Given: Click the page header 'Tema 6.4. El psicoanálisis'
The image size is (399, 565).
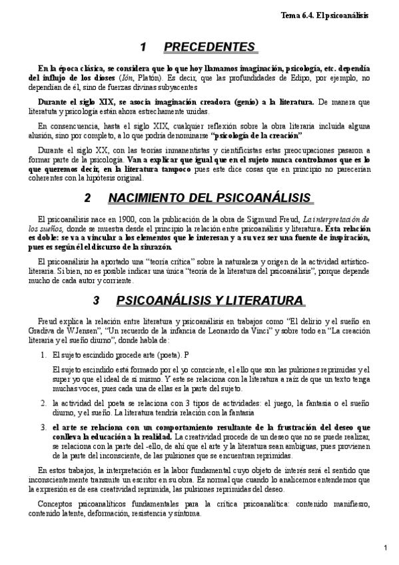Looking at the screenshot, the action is [343, 14].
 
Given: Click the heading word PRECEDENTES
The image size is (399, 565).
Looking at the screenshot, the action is [209, 47].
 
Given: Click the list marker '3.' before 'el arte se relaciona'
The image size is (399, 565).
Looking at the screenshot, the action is [43, 427].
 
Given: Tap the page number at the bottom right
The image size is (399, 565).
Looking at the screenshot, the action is [386, 548].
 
